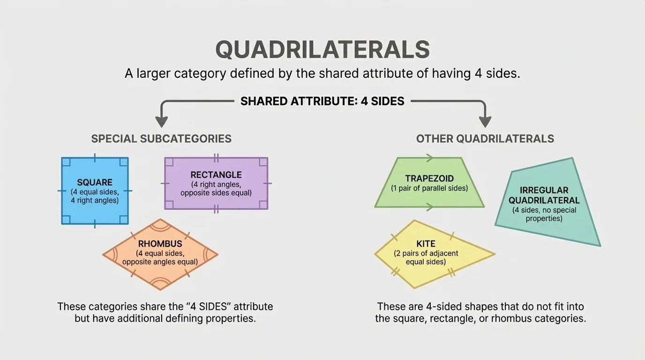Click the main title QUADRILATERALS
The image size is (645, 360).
point(322,49)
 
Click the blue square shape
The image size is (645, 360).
point(95,206)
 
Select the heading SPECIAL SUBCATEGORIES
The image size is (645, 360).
point(161,139)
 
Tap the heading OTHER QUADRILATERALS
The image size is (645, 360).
point(485,139)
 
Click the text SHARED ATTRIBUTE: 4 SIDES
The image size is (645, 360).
point(322,101)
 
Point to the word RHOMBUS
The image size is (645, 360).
point(160,244)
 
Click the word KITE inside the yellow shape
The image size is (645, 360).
point(426,244)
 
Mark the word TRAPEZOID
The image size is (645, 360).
point(429,179)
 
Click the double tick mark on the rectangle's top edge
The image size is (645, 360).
point(216,157)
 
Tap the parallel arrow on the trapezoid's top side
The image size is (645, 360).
point(429,158)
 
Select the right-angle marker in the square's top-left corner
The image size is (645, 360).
point(66,162)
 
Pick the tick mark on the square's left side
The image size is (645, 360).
point(62,191)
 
